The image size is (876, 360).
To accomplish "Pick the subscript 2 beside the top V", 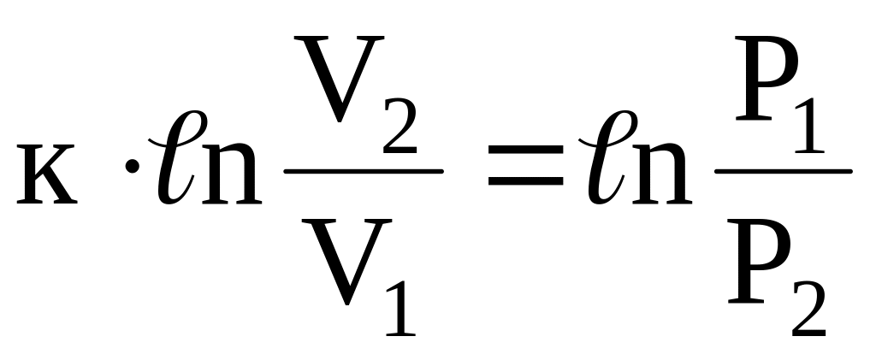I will tap(399, 128).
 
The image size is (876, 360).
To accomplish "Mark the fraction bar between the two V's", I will tap(364, 171).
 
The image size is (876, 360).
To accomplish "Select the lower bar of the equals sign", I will tap(524, 182).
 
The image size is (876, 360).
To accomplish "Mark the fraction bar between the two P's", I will tap(783, 171).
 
